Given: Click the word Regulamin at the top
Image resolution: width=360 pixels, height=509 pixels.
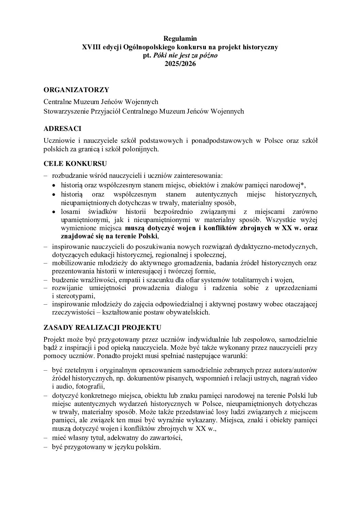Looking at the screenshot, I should point(180,38).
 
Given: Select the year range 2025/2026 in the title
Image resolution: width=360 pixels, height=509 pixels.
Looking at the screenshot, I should point(180,64).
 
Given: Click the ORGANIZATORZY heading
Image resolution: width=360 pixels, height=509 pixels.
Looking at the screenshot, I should point(76,90).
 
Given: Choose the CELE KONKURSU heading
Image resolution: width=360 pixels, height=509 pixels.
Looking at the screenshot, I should point(76,164).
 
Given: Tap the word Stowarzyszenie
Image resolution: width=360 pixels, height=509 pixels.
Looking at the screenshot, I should point(65,111).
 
